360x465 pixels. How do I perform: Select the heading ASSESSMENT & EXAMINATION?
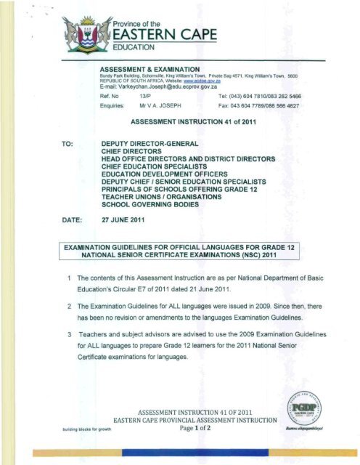[155, 69]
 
